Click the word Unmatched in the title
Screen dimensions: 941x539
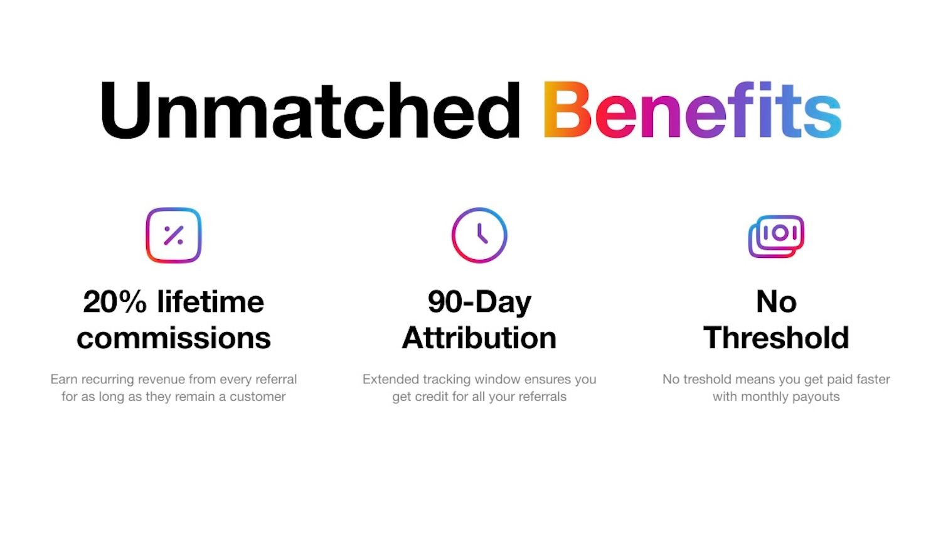[310, 110]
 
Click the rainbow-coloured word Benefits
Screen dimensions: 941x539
[693, 110]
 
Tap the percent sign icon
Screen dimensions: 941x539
[174, 235]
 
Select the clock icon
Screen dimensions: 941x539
[479, 235]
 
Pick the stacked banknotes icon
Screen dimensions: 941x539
[776, 236]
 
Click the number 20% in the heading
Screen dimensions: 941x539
[115, 302]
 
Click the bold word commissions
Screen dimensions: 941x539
[174, 338]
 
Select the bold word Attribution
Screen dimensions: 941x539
[479, 338]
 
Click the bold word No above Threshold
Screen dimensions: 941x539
[777, 302]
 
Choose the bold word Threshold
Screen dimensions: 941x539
[777, 338]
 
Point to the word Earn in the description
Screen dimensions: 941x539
[64, 380]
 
